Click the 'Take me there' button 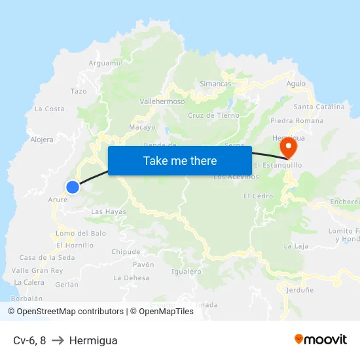pyautogui.click(x=180, y=160)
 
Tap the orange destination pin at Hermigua pyautogui.click(x=286, y=149)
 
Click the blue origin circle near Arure pyautogui.click(x=73, y=187)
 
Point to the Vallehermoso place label pyautogui.click(x=162, y=101)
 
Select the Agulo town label pyautogui.click(x=296, y=83)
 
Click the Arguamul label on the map pyautogui.click(x=105, y=63)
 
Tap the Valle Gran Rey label pyautogui.click(x=37, y=270)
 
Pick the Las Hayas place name pyautogui.click(x=109, y=212)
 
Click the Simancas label pyautogui.click(x=215, y=84)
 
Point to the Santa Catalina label pyautogui.click(x=319, y=107)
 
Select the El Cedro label pyautogui.click(x=258, y=196)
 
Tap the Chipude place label pyautogui.click(x=126, y=251)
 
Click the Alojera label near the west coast pyautogui.click(x=42, y=139)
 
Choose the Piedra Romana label pyautogui.click(x=297, y=120)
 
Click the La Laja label pyautogui.click(x=296, y=246)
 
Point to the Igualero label pyautogui.click(x=186, y=271)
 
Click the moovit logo pyautogui.click(x=321, y=339)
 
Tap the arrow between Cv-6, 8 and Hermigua pyautogui.click(x=57, y=340)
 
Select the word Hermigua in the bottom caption pyautogui.click(x=93, y=340)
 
